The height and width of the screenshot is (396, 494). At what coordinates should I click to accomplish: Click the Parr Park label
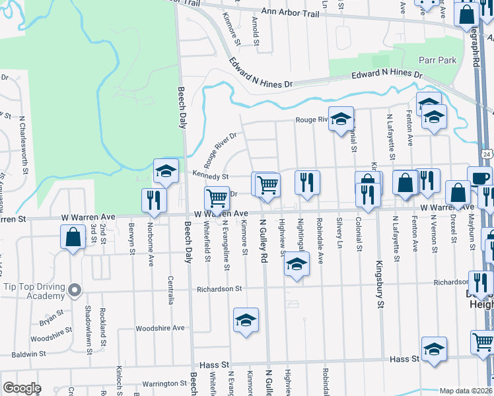437,60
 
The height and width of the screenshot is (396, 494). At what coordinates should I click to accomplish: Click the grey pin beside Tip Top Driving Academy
75,289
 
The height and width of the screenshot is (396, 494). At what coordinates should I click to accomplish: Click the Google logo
22,388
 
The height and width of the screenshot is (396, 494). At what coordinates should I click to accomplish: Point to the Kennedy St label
210,176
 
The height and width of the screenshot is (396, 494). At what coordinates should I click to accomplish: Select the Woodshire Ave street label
160,328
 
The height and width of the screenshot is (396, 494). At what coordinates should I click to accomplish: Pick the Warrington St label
164,383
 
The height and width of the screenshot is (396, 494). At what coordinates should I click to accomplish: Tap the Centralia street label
171,289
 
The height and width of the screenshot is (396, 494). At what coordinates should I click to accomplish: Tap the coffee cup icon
479,176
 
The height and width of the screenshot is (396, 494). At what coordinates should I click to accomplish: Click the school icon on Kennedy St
166,170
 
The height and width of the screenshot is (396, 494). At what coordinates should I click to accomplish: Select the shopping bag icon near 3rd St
73,236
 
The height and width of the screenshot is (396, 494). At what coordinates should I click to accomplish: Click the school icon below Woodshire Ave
246,321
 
